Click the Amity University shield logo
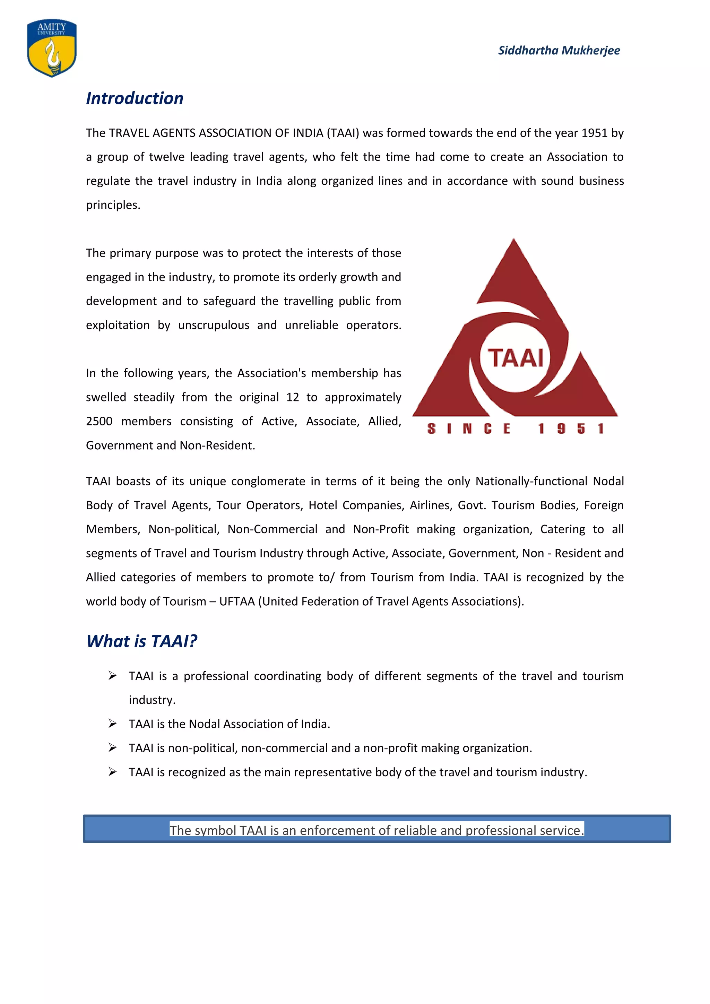pyautogui.click(x=52, y=47)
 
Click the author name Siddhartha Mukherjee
pyautogui.click(x=559, y=50)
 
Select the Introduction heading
pyautogui.click(x=135, y=98)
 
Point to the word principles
pyautogui.click(x=113, y=205)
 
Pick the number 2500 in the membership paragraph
pyautogui.click(x=99, y=422)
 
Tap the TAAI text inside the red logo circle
pyautogui.click(x=516, y=358)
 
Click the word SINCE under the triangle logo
pyautogui.click(x=469, y=429)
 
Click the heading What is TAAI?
pyautogui.click(x=142, y=641)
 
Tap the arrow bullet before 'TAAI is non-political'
pyautogui.click(x=112, y=748)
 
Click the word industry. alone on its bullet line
pyautogui.click(x=152, y=700)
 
